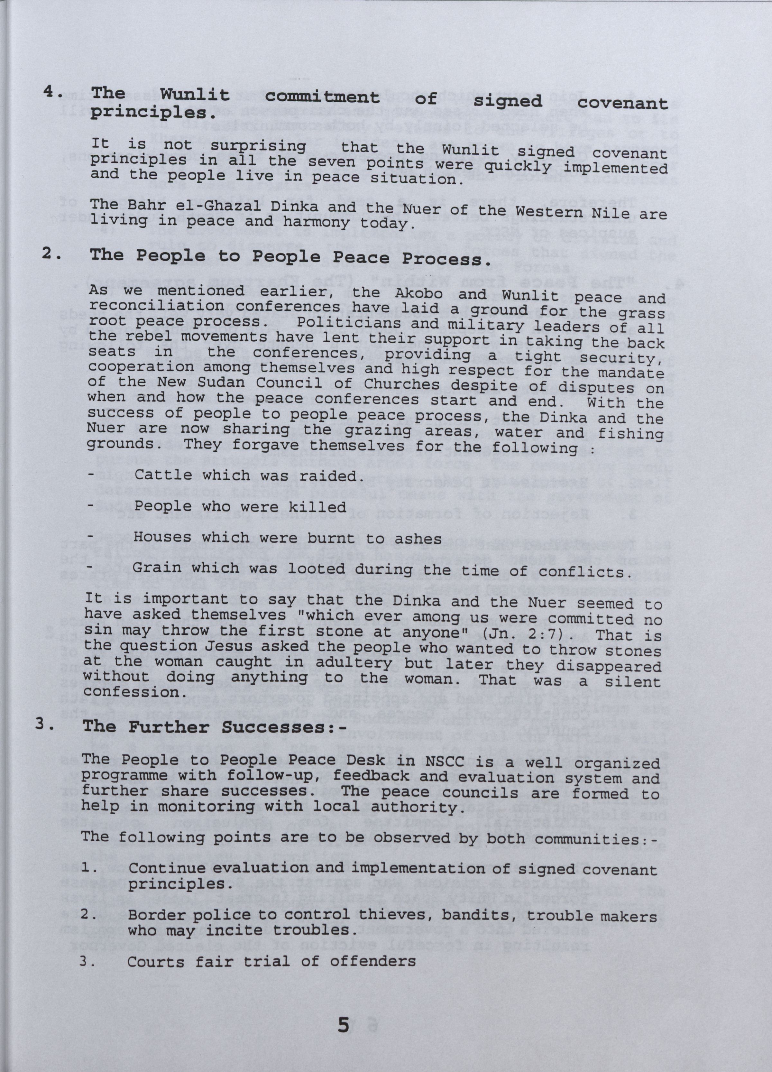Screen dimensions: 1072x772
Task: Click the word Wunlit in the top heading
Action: (x=194, y=95)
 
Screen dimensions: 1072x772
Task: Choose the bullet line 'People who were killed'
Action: (x=240, y=507)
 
